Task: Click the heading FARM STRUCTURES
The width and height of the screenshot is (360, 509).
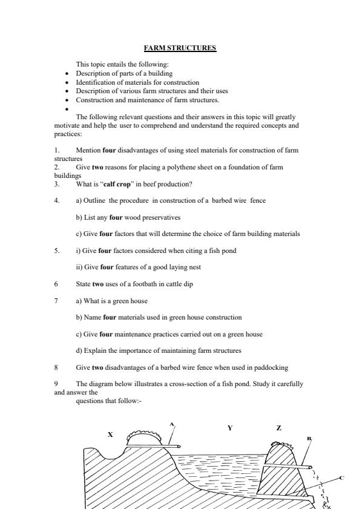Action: pyautogui.click(x=180, y=48)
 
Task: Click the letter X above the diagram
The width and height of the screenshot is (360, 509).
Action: pyautogui.click(x=110, y=435)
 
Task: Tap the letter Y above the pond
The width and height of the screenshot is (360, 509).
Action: pyautogui.click(x=230, y=428)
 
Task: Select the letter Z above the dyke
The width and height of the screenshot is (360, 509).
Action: pyautogui.click(x=278, y=428)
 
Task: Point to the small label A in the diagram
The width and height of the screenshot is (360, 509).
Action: pyautogui.click(x=172, y=424)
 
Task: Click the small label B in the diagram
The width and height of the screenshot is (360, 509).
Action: pyautogui.click(x=309, y=438)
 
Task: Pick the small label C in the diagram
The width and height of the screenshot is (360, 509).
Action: pyautogui.click(x=341, y=478)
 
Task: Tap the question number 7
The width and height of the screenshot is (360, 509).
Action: pyautogui.click(x=56, y=301)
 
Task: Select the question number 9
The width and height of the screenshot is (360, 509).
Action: pyautogui.click(x=56, y=384)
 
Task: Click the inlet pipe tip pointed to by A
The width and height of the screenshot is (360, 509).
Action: pyautogui.click(x=179, y=447)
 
